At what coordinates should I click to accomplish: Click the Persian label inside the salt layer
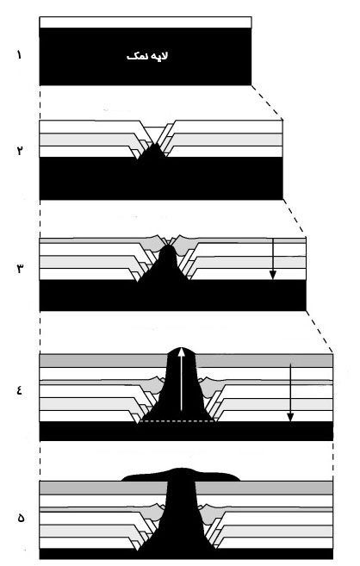[x=147, y=57]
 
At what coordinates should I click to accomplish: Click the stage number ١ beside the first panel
[x=19, y=55]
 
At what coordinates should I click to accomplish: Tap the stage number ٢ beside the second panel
[x=20, y=150]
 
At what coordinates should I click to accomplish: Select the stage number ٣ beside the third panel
[x=20, y=269]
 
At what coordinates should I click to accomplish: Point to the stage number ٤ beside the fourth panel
[x=20, y=390]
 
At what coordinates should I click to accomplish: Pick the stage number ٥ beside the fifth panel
[x=21, y=518]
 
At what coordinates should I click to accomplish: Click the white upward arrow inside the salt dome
[x=182, y=379]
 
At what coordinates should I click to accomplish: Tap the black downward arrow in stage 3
[x=273, y=258]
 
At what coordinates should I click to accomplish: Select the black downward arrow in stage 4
[x=290, y=392]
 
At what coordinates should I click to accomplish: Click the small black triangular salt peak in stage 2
[x=154, y=151]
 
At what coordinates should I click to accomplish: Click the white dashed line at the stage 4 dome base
[x=177, y=420]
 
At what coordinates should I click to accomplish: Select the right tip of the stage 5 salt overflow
[x=240, y=481]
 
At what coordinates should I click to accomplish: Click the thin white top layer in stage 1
[x=146, y=22]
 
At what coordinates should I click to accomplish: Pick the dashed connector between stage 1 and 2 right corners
[x=267, y=103]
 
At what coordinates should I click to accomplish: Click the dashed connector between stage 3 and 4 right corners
[x=320, y=332]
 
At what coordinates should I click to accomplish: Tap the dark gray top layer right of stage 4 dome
[x=264, y=361]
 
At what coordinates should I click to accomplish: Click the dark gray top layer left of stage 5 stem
[x=103, y=488]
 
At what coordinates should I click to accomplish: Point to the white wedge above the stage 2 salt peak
[x=155, y=133]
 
